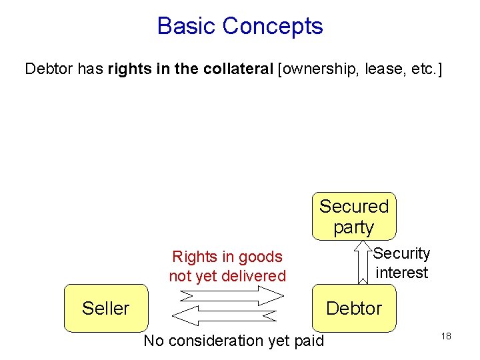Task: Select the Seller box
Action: click(x=105, y=308)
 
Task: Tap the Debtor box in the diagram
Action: click(x=354, y=308)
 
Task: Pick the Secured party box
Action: click(x=353, y=216)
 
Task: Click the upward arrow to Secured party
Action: click(x=363, y=264)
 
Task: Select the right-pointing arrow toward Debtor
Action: click(x=227, y=295)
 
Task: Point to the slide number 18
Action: click(x=446, y=336)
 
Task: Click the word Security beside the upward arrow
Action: click(x=402, y=253)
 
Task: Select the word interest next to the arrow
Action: click(x=402, y=273)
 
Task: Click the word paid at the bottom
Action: click(x=309, y=341)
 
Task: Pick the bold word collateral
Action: click(x=233, y=69)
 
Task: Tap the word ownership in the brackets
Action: click(x=320, y=69)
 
